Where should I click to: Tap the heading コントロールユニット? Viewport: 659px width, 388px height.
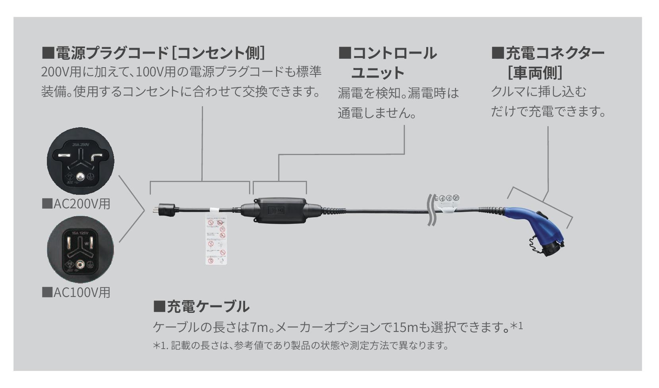click(387, 63)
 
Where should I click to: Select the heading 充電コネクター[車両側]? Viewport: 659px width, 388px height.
click(548, 62)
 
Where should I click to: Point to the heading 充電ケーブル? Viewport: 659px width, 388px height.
click(201, 307)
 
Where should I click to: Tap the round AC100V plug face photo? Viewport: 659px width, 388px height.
click(81, 250)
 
